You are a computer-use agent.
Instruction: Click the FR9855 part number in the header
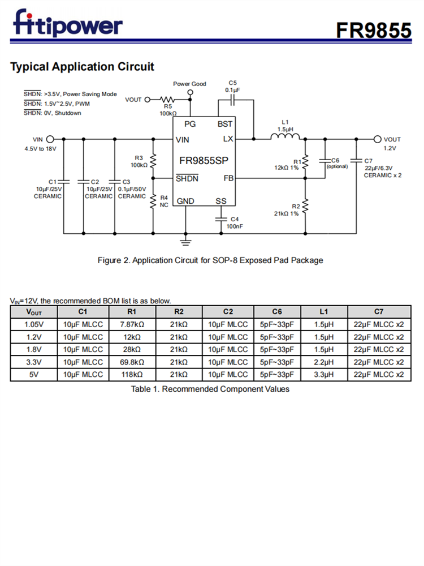(x=374, y=30)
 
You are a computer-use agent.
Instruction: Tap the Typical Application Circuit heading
(x=82, y=67)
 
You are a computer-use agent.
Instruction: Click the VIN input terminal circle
(x=50, y=139)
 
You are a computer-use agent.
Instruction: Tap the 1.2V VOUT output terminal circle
(x=378, y=139)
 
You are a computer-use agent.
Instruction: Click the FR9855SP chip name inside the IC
(x=203, y=160)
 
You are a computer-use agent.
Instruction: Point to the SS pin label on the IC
(x=220, y=201)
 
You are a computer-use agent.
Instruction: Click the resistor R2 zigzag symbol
(x=305, y=207)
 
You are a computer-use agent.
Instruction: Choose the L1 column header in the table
(x=323, y=312)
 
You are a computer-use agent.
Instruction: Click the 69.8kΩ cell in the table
(x=132, y=362)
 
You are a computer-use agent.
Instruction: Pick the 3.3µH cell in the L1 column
(x=323, y=374)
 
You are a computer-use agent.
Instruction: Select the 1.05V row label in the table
(x=33, y=324)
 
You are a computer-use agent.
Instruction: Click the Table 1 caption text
(x=210, y=389)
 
